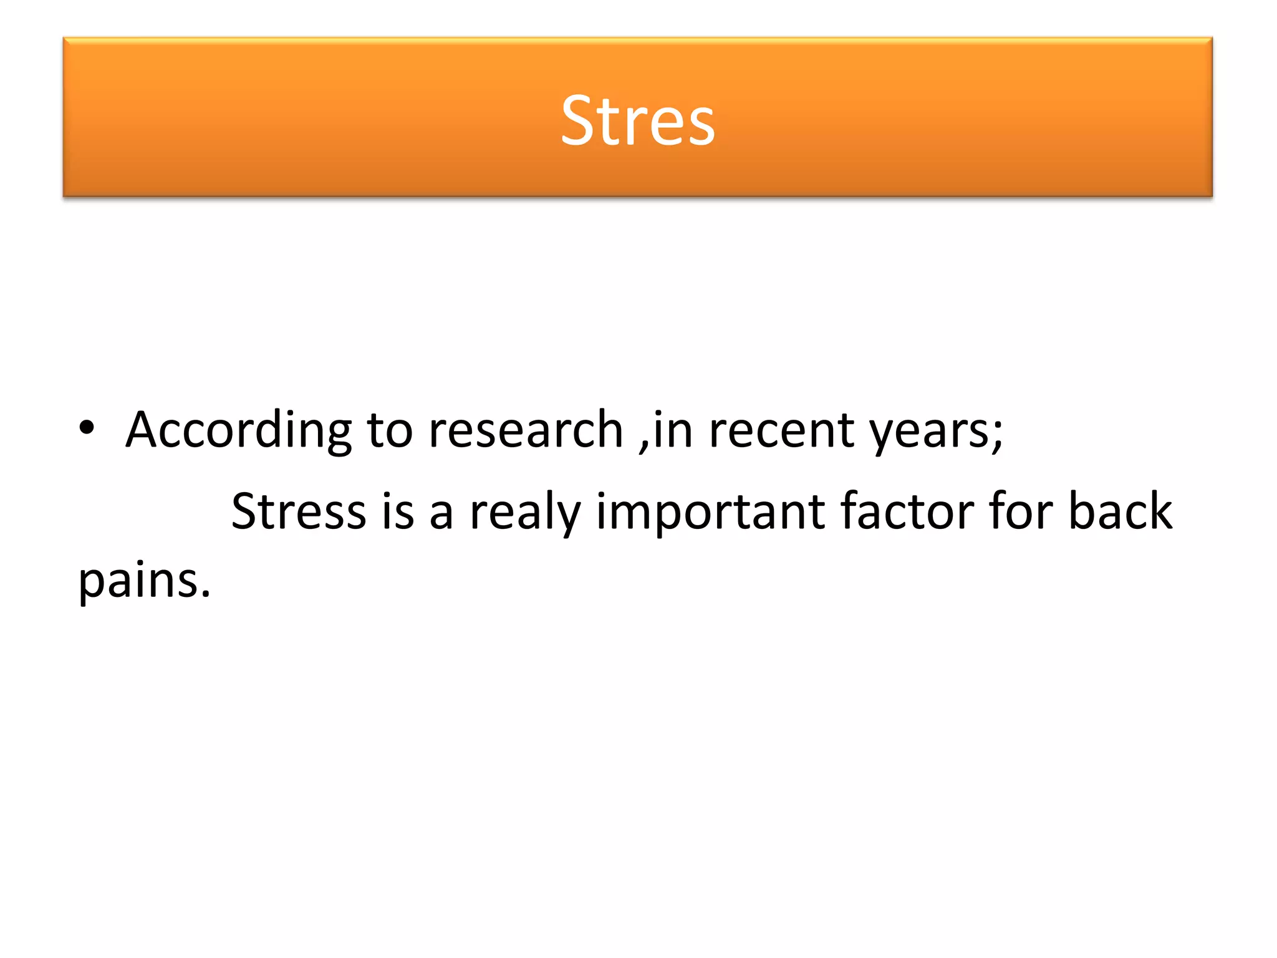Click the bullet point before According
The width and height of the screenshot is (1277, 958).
pos(87,428)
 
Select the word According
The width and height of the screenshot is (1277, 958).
pos(238,430)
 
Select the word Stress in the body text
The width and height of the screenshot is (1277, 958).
pos(298,511)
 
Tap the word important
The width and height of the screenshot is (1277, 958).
pos(710,511)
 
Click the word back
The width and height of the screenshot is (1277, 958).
pos(1120,511)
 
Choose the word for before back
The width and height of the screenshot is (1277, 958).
pos(1020,511)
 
